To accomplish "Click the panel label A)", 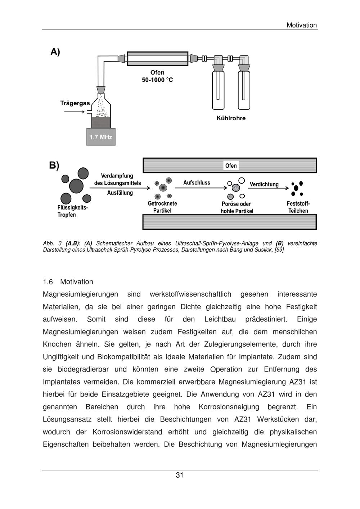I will (55, 52).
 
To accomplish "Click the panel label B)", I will (54, 166).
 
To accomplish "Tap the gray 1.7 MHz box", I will (101, 137).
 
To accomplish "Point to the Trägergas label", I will (75, 103).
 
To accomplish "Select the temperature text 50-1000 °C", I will (157, 80).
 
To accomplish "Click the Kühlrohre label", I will (231, 118).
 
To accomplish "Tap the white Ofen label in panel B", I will (231, 166).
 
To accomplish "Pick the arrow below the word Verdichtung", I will (269, 188).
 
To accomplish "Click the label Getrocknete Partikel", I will (162, 207).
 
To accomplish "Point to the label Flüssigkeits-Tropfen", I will (72, 211).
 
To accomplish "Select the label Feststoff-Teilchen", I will (298, 207).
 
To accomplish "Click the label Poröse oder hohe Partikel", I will (237, 207).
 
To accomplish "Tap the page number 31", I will (180, 475).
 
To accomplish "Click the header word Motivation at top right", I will (302, 25).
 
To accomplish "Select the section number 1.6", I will (48, 282).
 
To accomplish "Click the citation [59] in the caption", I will (279, 249).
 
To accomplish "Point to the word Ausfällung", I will (120, 193).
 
